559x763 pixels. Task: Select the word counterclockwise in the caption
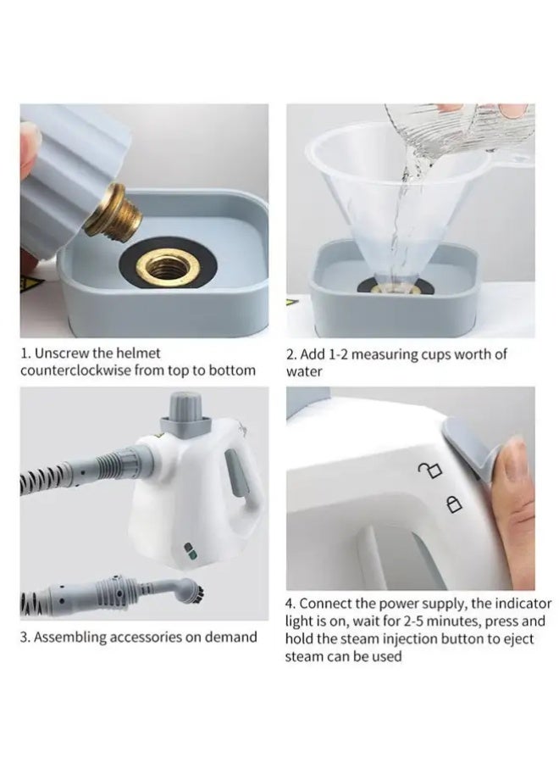75,370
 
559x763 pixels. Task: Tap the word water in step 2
304,372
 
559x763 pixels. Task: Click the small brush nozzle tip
195,591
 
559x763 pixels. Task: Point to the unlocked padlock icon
429,470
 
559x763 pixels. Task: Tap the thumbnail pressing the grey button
513,455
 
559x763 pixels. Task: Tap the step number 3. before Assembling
25,637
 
